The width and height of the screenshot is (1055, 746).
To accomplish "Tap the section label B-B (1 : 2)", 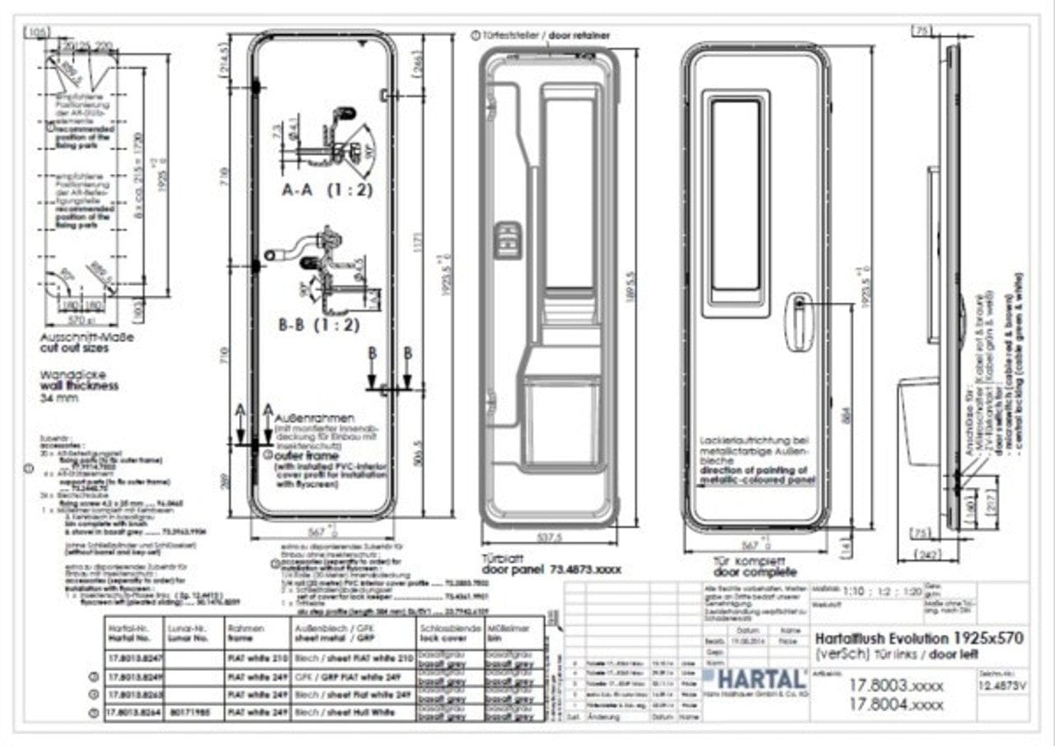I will point(319,325).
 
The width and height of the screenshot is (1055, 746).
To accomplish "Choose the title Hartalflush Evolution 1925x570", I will point(920,637).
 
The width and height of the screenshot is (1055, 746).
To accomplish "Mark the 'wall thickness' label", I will point(79,385).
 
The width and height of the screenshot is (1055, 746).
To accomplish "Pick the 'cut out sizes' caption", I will point(74,348).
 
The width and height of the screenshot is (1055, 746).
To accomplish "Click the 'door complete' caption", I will point(755,571).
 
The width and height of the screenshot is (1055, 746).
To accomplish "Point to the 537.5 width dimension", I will point(548,537).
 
